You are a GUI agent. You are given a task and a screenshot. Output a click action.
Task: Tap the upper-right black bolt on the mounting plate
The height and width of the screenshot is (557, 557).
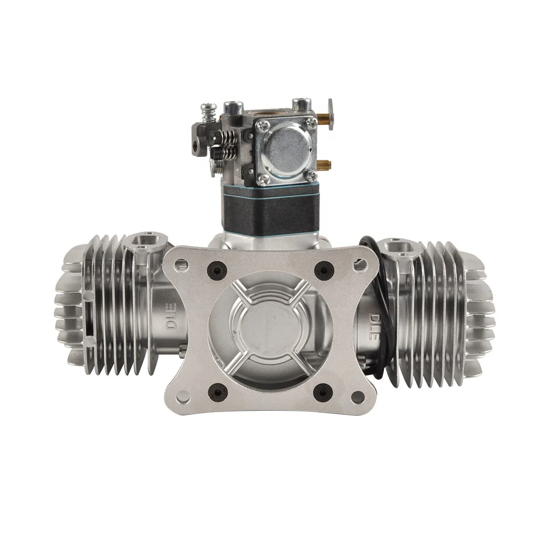click(319, 267)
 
